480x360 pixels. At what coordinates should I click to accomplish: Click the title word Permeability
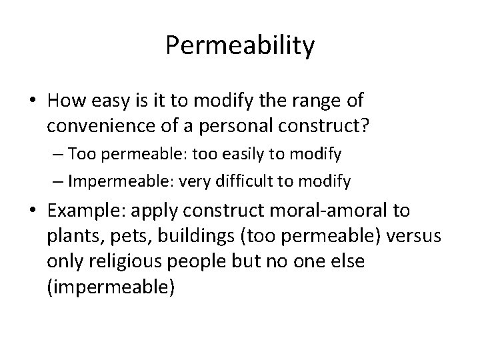pos(240,46)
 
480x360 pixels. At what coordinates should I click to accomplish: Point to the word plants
pos(71,235)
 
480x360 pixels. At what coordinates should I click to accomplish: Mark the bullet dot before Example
pos(33,211)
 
